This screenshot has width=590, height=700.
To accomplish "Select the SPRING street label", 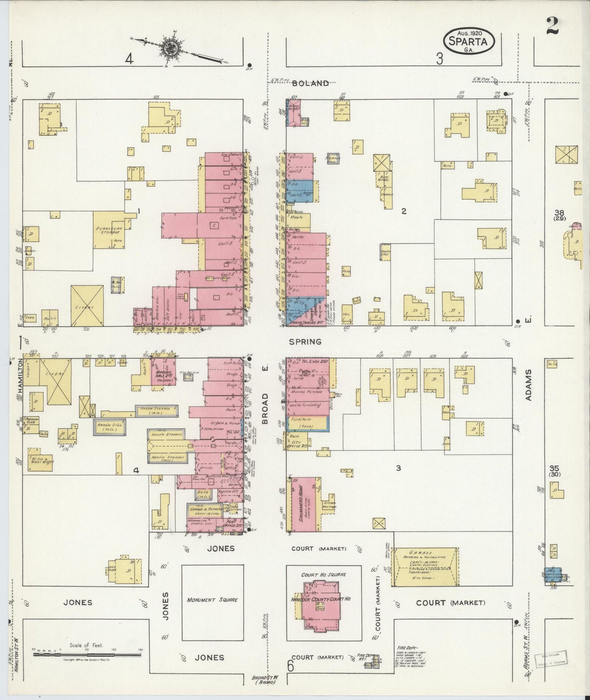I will (x=305, y=341).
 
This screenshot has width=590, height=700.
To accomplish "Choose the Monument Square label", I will (x=212, y=600).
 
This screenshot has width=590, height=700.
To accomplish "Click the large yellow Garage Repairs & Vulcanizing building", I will (x=425, y=567).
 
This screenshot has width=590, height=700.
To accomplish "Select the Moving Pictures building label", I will (x=307, y=391).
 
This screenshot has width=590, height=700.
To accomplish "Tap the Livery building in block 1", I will (x=87, y=305).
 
